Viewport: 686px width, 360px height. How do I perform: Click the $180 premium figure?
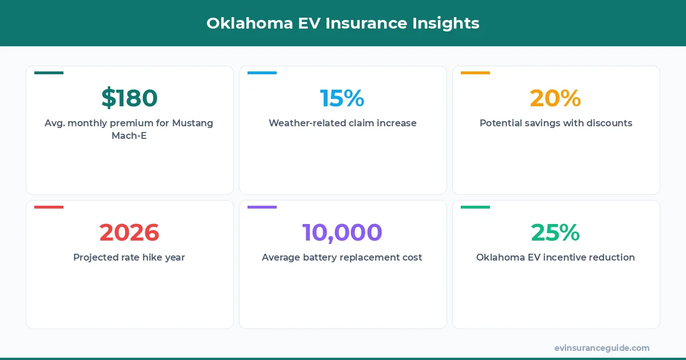point(129,98)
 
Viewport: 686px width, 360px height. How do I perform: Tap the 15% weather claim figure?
point(342,98)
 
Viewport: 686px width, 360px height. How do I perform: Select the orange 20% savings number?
point(555,98)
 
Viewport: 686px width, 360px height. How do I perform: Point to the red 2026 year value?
point(129,233)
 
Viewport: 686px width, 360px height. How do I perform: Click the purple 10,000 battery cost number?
point(342,233)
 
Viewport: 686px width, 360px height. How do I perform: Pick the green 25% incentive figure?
point(555,233)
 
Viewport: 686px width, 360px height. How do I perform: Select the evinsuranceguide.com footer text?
point(602,348)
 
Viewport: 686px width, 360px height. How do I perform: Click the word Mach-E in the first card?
point(129,136)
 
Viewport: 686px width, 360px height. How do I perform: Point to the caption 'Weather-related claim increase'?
point(342,123)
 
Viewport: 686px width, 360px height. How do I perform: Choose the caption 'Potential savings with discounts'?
point(556,123)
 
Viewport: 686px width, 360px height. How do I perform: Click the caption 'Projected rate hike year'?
point(129,257)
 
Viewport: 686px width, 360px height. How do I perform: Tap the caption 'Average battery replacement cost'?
point(342,257)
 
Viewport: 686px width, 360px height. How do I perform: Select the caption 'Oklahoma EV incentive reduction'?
point(556,257)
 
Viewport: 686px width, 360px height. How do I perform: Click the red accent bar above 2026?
point(49,207)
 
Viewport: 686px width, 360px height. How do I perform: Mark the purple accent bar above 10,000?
point(262,207)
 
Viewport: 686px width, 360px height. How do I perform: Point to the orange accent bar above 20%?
point(475,73)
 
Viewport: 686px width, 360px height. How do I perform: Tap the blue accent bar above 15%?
point(262,73)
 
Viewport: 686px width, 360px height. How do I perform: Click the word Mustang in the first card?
point(193,123)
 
